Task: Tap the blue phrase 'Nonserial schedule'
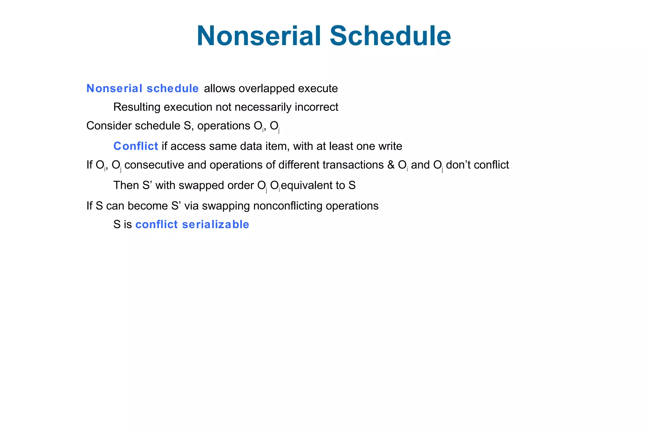[x=142, y=89]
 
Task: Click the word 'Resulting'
[x=137, y=107]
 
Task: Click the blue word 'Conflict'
[x=136, y=146]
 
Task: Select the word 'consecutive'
[x=154, y=165]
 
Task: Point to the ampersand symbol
[x=391, y=165]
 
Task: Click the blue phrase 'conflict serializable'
[x=192, y=224]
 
